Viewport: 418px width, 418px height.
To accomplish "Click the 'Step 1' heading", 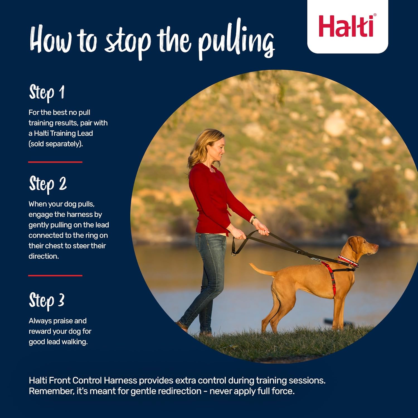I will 47,92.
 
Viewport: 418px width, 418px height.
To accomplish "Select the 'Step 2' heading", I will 48,184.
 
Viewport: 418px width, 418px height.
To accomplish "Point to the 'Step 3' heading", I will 47,300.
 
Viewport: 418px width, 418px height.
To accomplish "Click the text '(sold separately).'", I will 56,144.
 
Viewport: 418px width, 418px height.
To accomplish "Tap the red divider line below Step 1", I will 55,162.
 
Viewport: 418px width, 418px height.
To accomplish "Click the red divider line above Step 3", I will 55,276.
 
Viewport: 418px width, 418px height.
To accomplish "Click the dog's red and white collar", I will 348,260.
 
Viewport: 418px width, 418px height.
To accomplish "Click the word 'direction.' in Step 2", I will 43,256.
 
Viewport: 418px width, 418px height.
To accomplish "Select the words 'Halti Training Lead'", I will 63,133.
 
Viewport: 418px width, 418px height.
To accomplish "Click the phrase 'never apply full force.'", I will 252,391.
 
